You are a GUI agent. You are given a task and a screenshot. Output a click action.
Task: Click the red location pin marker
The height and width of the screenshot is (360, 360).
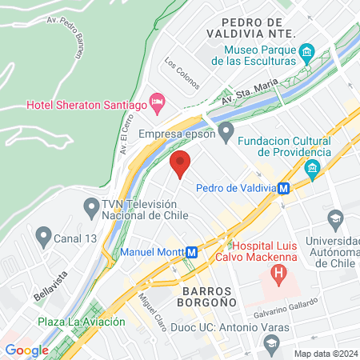pyautogui.click(x=181, y=163)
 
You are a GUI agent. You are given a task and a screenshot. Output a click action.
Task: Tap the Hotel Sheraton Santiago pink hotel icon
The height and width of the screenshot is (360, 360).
pyautogui.click(x=158, y=102)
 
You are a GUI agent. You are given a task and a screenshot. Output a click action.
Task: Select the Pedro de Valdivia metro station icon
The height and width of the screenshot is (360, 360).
pyautogui.click(x=284, y=189)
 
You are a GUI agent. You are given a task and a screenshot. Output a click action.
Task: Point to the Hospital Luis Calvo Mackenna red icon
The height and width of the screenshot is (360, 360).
pyautogui.click(x=278, y=276)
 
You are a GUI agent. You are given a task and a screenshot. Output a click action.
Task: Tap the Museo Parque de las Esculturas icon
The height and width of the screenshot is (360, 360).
pyautogui.click(x=306, y=54)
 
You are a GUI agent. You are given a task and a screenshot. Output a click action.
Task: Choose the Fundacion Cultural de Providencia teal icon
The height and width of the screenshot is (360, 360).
pyautogui.click(x=312, y=168)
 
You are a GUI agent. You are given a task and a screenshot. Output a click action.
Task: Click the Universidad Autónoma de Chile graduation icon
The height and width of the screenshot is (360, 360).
pyautogui.click(x=336, y=218)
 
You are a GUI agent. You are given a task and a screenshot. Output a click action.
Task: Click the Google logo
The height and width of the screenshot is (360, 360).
pyautogui.click(x=26, y=350)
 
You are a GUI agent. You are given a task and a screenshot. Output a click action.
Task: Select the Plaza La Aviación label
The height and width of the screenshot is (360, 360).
pyautogui.click(x=82, y=322)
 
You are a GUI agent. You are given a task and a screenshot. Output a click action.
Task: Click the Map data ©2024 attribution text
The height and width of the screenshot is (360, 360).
pyautogui.click(x=326, y=353)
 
